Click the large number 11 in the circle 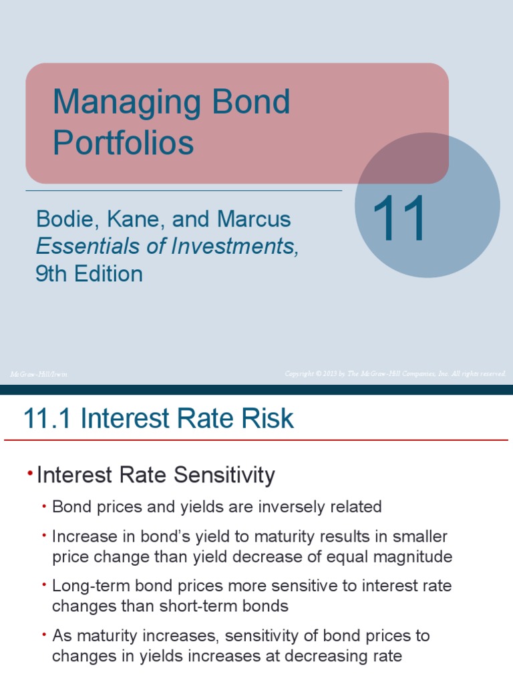(x=399, y=218)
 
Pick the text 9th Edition (x=89, y=274)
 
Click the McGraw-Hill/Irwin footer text (x=39, y=374)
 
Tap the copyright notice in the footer (x=395, y=373)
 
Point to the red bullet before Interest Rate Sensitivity (x=30, y=473)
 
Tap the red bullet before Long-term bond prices (x=44, y=584)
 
